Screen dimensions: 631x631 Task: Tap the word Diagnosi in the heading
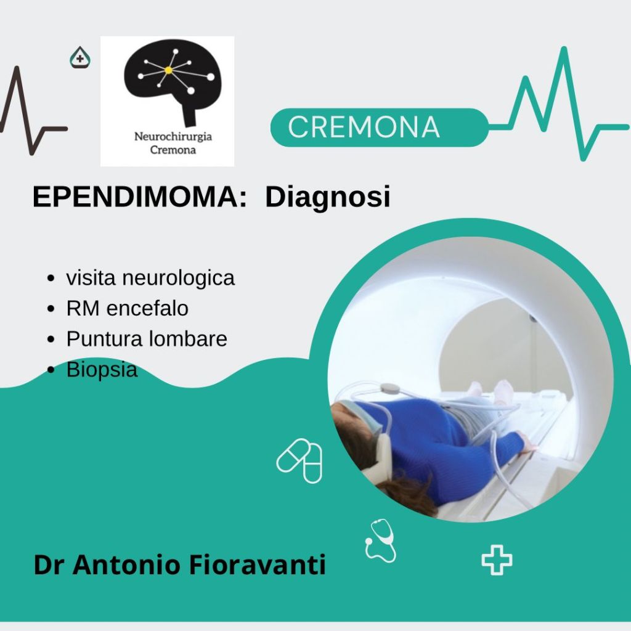pyautogui.click(x=328, y=197)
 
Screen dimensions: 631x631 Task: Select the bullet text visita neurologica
pyautogui.click(x=150, y=278)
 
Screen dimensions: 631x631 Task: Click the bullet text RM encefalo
pyautogui.click(x=127, y=308)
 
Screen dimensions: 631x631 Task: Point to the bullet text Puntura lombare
pyautogui.click(x=147, y=339)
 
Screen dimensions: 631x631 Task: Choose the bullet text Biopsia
pyautogui.click(x=102, y=370)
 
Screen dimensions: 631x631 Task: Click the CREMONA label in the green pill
pyautogui.click(x=364, y=127)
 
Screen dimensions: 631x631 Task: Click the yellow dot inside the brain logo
pyautogui.click(x=169, y=70)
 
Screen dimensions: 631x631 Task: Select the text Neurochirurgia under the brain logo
pyautogui.click(x=173, y=136)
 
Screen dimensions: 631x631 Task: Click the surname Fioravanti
pyautogui.click(x=257, y=564)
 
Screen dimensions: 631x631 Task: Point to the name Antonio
pyautogui.click(x=126, y=564)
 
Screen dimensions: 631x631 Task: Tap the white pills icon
pyautogui.click(x=299, y=461)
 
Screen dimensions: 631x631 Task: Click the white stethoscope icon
pyautogui.click(x=380, y=540)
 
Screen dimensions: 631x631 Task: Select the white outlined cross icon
pyautogui.click(x=497, y=560)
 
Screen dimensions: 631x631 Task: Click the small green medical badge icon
pyautogui.click(x=79, y=57)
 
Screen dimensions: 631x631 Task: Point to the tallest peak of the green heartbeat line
pyautogui.click(x=564, y=49)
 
